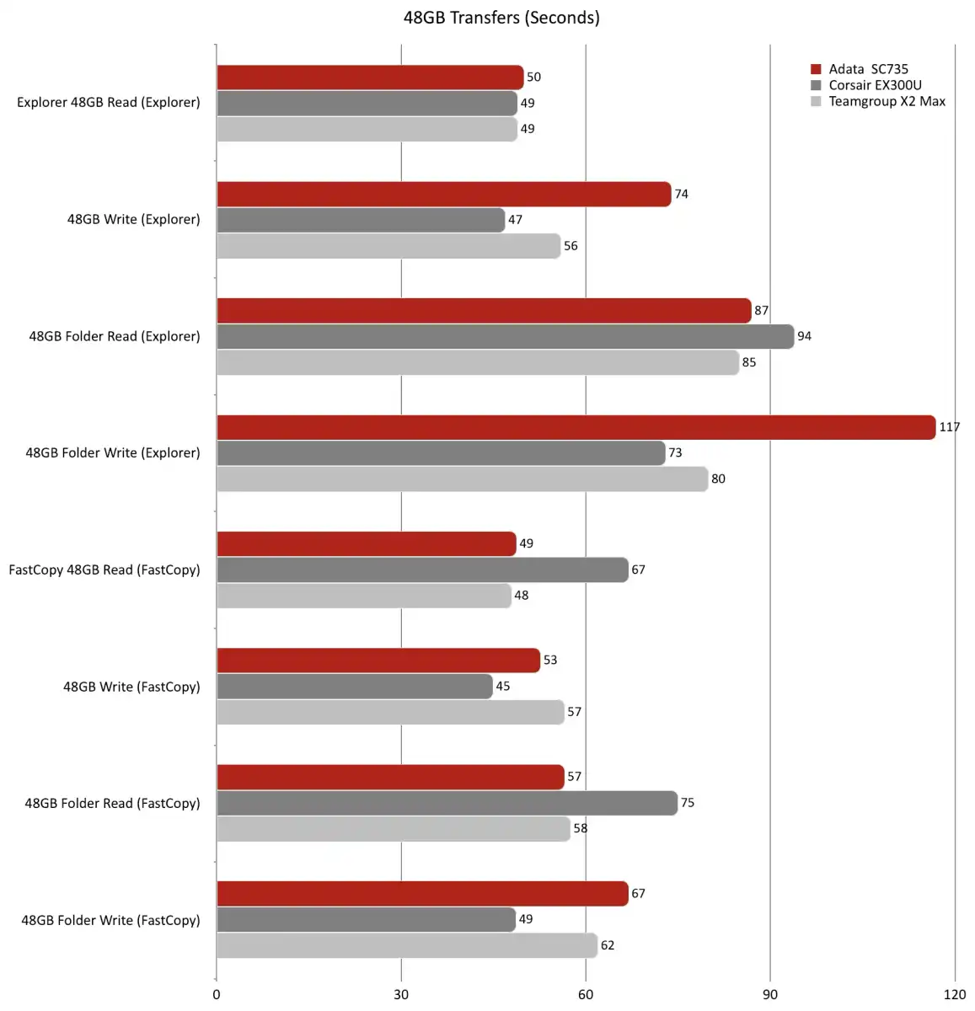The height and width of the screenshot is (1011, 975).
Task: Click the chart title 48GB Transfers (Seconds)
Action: (501, 18)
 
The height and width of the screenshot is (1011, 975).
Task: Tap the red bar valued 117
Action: (576, 427)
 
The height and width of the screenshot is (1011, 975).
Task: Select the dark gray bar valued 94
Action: (505, 336)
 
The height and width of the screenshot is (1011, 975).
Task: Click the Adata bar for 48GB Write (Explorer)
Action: (443, 194)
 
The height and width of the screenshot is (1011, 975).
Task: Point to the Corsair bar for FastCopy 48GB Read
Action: (422, 570)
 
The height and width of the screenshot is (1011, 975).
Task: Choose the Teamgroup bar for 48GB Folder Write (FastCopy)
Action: (406, 945)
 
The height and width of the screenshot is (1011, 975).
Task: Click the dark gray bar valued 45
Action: (354, 686)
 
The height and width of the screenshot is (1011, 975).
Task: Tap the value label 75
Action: (688, 803)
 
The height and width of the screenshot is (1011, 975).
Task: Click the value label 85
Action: (749, 362)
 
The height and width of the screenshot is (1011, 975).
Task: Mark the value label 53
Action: (550, 660)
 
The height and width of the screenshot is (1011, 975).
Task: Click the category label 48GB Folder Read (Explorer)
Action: (115, 336)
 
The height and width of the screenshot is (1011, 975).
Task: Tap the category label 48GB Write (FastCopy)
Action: (131, 687)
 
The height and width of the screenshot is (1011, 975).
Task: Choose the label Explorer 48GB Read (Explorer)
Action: (109, 103)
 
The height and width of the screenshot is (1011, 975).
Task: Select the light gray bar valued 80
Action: (462, 479)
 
